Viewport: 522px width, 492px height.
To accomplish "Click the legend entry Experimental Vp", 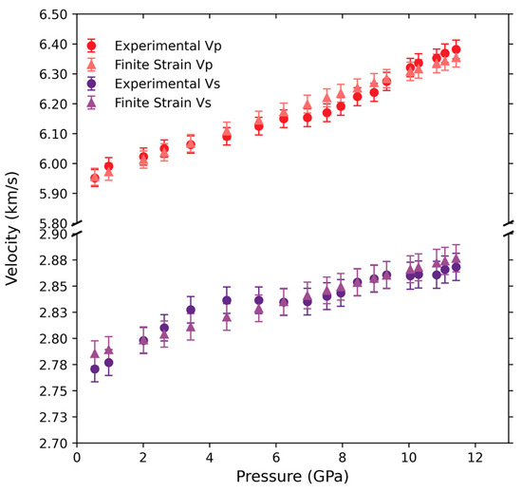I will click(163, 46).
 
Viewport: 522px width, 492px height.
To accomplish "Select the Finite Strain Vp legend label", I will click(163, 65).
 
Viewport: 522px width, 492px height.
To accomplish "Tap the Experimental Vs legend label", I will click(163, 84).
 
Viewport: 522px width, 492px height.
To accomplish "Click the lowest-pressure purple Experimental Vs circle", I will click(94, 369).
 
